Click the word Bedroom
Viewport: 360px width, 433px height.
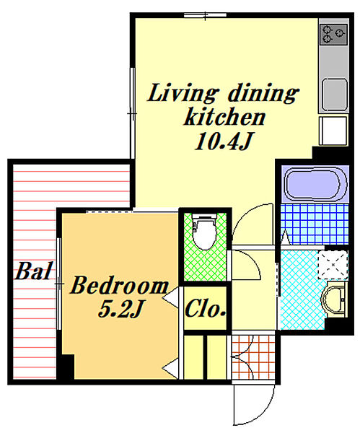(x=120, y=285)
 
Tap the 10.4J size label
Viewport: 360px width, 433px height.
(x=223, y=141)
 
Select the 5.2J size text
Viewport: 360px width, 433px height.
(x=120, y=308)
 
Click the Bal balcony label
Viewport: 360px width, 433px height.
(x=34, y=271)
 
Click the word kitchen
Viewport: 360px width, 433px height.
(x=224, y=117)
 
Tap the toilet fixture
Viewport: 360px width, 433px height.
(x=205, y=232)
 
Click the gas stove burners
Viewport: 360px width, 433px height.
(x=334, y=34)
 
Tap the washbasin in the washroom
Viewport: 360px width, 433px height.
(x=334, y=299)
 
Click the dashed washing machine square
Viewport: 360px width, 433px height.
(x=333, y=265)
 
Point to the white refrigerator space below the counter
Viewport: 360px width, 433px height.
(x=333, y=131)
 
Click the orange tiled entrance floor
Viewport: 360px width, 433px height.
(x=253, y=357)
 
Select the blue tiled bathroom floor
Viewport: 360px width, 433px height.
(x=315, y=224)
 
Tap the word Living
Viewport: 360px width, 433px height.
(x=182, y=93)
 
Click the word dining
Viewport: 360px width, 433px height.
(x=263, y=93)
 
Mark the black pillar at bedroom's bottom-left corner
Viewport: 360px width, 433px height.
(x=66, y=367)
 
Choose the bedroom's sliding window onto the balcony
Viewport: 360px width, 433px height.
(x=59, y=284)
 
